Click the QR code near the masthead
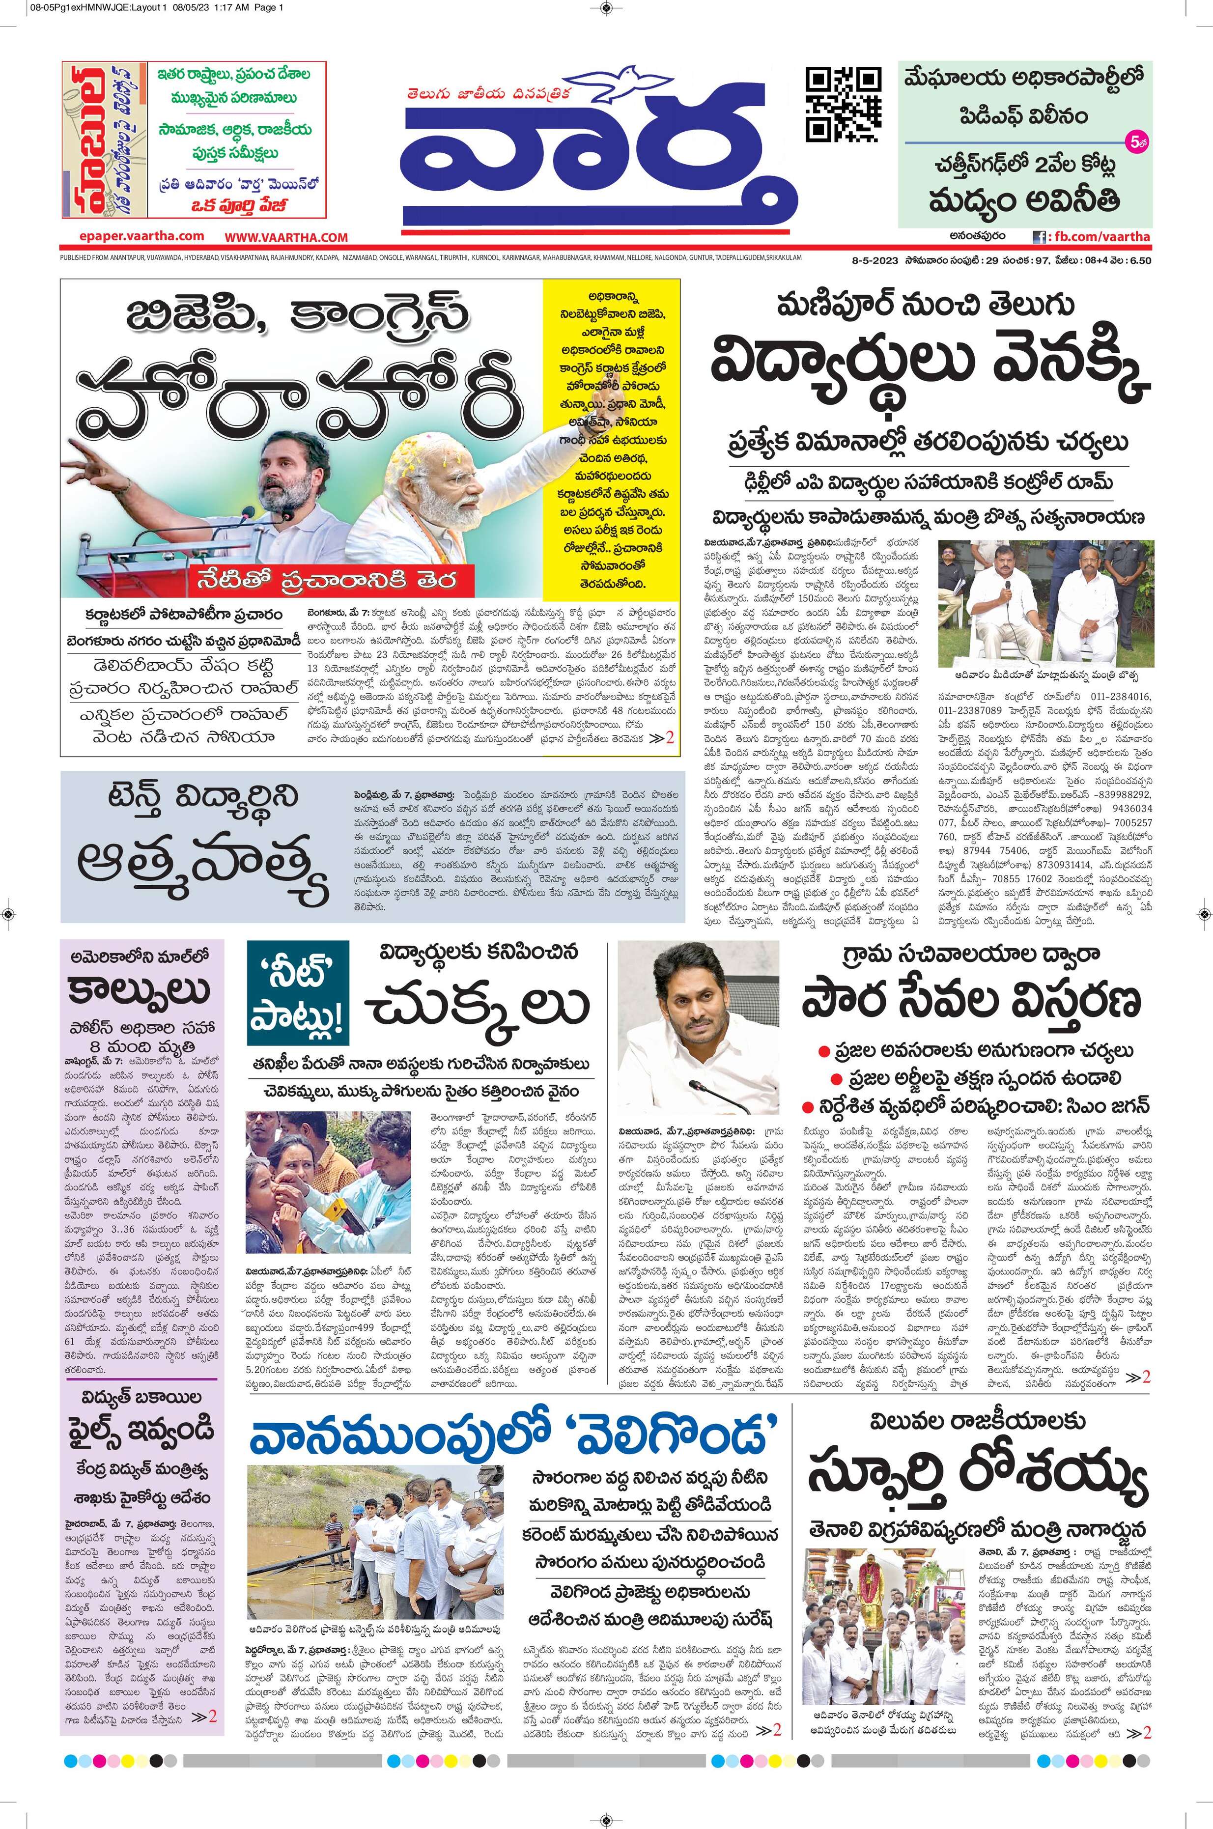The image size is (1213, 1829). pos(843,105)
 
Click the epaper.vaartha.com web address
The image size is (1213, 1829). pos(141,237)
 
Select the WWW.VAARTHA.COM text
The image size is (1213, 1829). pos(286,237)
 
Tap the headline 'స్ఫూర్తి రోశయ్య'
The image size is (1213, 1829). pos(978,1479)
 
